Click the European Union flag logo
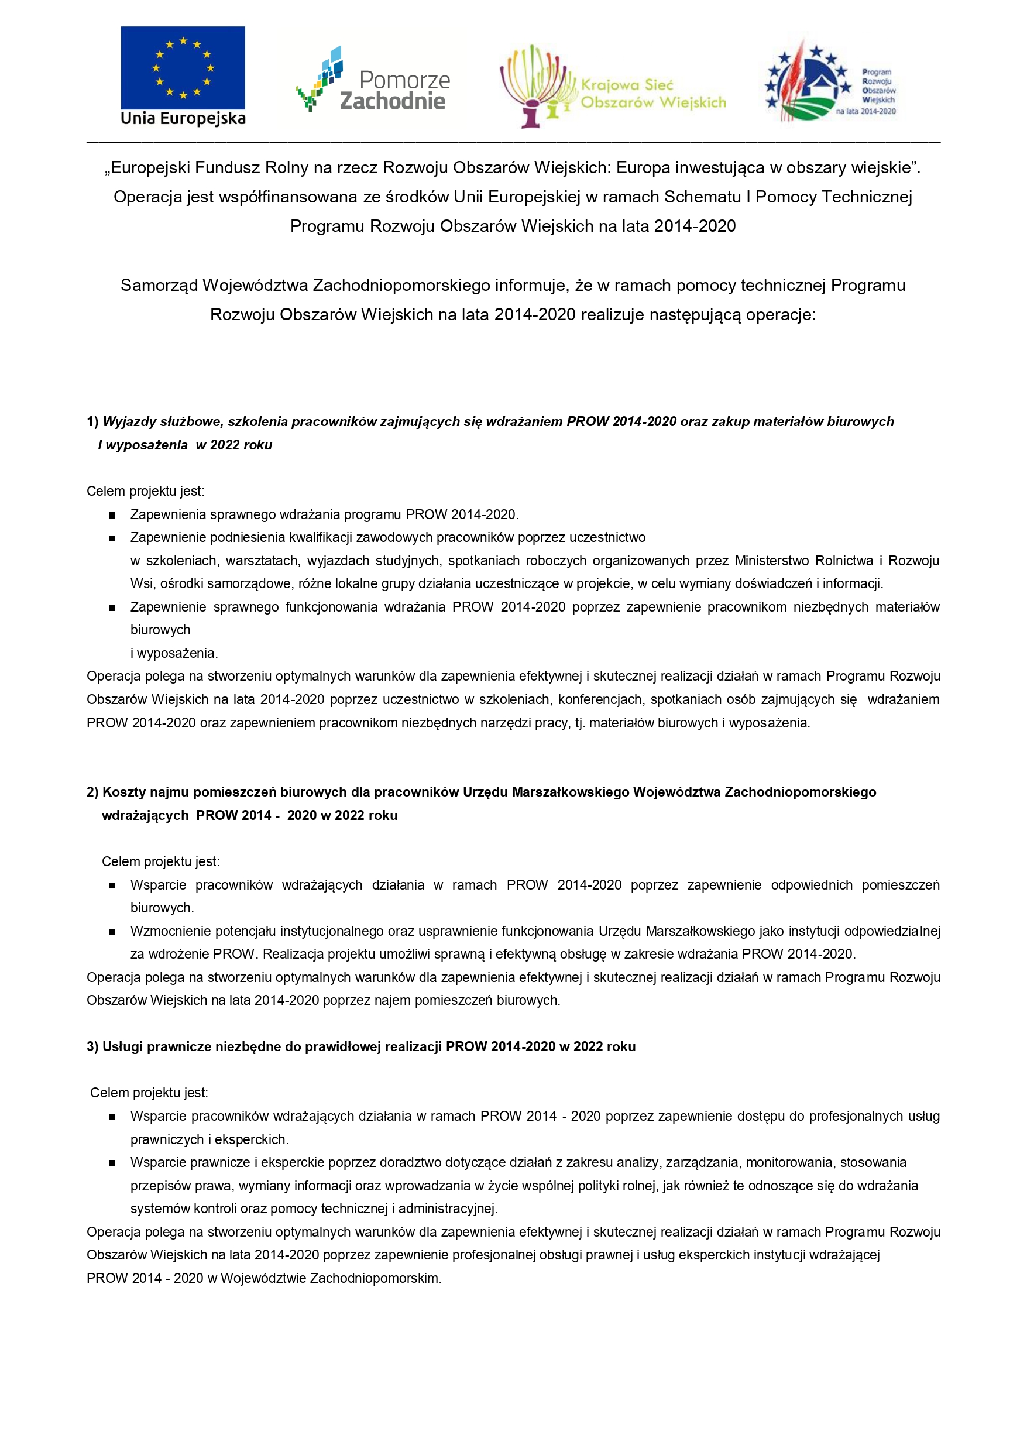[183, 68]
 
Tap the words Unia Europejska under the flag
[183, 118]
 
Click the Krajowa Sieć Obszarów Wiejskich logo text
[652, 94]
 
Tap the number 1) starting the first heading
[93, 422]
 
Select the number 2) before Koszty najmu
[93, 792]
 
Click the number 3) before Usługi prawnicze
[93, 1046]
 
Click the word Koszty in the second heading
[123, 792]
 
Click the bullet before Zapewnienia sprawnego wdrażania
[112, 516]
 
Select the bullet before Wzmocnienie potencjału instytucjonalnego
[112, 932]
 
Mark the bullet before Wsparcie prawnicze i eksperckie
[112, 1163]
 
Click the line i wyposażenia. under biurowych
[174, 653]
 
